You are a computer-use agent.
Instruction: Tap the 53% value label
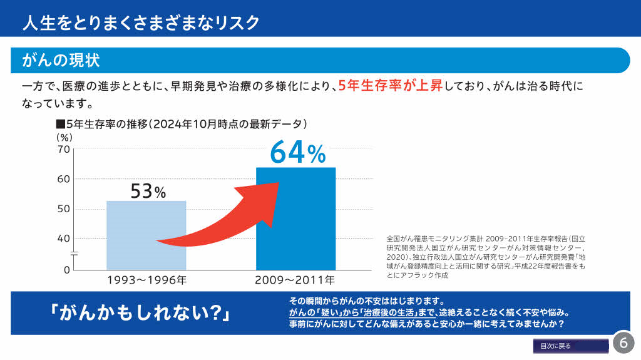click(148, 191)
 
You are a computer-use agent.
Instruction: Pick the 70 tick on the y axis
click(63, 149)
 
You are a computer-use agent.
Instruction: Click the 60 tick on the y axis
click(63, 179)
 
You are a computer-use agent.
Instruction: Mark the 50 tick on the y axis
click(63, 208)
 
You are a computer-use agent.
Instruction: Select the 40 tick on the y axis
click(63, 239)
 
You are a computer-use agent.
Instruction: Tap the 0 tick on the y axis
click(66, 270)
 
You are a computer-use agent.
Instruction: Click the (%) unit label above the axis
click(65, 136)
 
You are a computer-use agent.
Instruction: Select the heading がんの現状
click(61, 60)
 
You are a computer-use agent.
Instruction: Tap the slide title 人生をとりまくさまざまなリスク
click(140, 23)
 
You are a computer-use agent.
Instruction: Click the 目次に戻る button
click(570, 346)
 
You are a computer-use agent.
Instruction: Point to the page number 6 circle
click(623, 342)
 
